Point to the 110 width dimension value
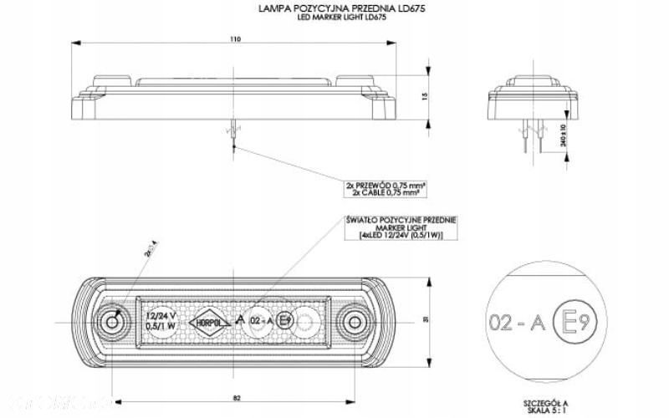(233, 37)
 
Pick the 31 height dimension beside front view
(426, 319)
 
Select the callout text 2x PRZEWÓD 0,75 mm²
(382, 185)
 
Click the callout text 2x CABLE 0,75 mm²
(382, 192)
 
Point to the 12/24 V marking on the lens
(161, 316)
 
